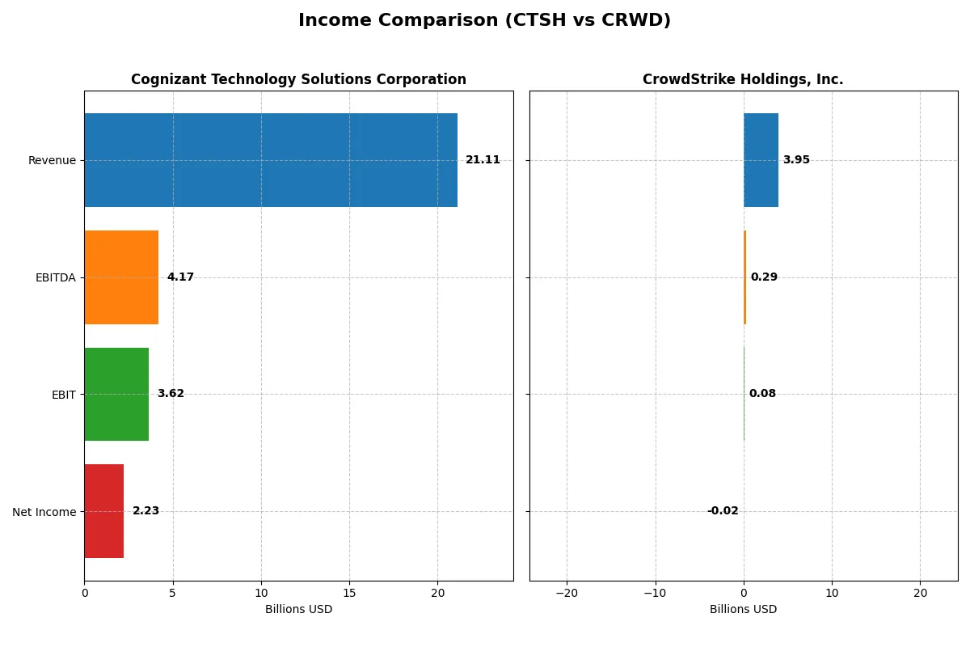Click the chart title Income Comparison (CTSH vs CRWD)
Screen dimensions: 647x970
click(484, 20)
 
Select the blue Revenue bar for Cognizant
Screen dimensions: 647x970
click(271, 160)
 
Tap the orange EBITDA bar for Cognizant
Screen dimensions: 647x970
click(121, 277)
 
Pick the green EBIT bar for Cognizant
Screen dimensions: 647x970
click(116, 394)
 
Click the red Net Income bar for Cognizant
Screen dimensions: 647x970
click(104, 511)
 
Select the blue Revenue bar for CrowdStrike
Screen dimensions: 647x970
click(761, 160)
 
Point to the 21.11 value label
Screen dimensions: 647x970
click(483, 160)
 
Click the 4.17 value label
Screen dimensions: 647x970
click(180, 277)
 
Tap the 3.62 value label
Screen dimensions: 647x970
click(171, 394)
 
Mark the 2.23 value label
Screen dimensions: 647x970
click(145, 511)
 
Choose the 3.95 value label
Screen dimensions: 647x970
click(796, 160)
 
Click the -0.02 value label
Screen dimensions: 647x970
click(723, 511)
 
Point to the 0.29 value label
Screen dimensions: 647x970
click(764, 277)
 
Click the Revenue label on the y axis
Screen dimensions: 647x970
click(52, 160)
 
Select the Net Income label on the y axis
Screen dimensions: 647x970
click(44, 512)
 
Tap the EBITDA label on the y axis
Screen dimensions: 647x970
click(55, 277)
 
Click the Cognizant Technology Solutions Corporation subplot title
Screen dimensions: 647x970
click(298, 79)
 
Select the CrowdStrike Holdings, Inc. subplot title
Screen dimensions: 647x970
click(743, 79)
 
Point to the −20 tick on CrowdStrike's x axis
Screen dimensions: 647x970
click(567, 593)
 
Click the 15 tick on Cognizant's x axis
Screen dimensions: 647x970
click(349, 593)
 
